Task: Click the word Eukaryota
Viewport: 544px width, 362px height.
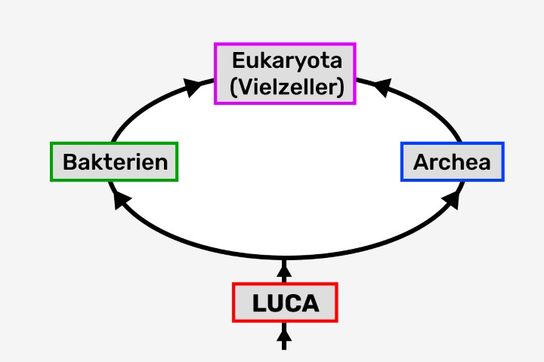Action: click(x=286, y=61)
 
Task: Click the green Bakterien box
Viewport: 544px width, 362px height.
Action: click(x=114, y=161)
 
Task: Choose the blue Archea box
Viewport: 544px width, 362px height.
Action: click(x=452, y=161)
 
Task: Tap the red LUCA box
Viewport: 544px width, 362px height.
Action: click(x=285, y=303)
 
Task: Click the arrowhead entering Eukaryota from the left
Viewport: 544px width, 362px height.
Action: click(x=194, y=86)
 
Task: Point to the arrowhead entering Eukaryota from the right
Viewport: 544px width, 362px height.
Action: click(x=382, y=87)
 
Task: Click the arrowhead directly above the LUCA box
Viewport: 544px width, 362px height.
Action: click(x=285, y=267)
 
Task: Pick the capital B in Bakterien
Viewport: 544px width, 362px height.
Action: click(x=70, y=162)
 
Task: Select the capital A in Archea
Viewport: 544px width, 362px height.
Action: click(x=420, y=162)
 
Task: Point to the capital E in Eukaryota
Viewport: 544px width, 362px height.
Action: click(x=238, y=61)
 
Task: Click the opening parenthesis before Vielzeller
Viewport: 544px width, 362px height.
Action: click(x=231, y=87)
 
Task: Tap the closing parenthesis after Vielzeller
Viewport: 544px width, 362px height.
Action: click(x=342, y=87)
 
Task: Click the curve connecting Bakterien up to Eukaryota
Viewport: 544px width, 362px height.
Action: click(x=144, y=109)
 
